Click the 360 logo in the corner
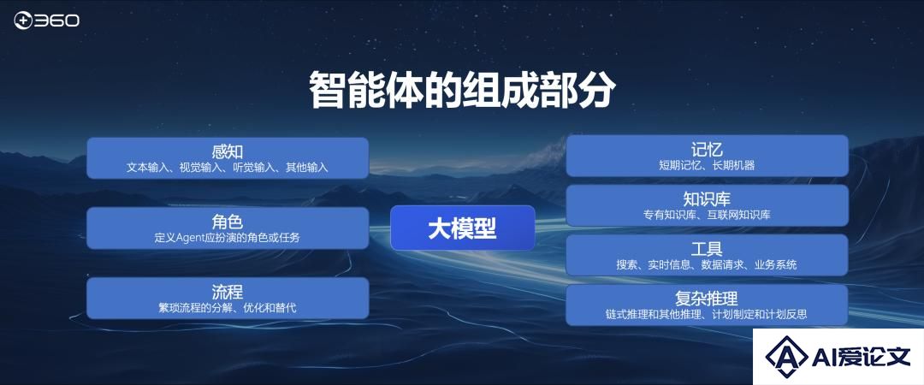(46, 21)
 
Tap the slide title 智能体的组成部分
(462, 90)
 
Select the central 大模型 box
(463, 228)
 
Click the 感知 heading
(228, 151)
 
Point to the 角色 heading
(228, 222)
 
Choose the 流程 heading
(228, 291)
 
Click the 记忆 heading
(708, 149)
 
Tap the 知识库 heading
(708, 198)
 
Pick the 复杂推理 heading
(708, 298)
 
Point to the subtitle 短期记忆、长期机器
(708, 166)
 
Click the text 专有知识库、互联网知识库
(708, 216)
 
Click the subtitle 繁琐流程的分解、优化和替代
(228, 308)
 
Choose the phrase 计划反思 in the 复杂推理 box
(786, 314)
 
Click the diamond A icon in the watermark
(787, 356)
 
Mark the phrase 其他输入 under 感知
(307, 168)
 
